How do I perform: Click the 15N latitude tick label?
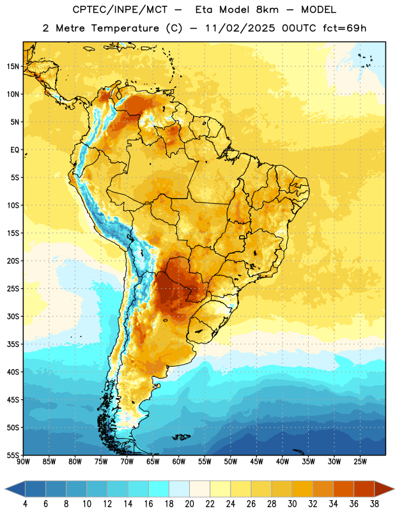point(13,66)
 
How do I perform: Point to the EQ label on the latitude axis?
point(15,150)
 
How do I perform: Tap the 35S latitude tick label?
point(13,344)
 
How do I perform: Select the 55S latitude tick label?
point(13,455)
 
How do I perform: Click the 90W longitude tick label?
point(23,462)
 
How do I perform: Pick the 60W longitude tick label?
point(179,462)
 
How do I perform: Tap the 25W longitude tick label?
point(360,462)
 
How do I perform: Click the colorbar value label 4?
point(25,504)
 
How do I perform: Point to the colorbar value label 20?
point(189,504)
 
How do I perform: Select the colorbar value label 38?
point(375,504)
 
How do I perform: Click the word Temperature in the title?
point(125,28)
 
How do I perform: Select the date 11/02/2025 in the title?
point(240,28)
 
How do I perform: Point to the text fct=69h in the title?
point(345,28)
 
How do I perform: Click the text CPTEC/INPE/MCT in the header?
point(120,10)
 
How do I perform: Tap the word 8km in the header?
point(267,10)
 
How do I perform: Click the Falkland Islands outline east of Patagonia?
point(182,437)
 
